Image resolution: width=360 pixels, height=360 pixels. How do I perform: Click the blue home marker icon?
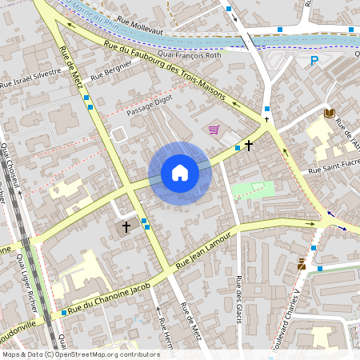(180, 173)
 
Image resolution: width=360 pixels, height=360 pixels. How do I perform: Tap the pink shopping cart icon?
(214, 130)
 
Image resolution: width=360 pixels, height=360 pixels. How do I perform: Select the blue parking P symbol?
(314, 61)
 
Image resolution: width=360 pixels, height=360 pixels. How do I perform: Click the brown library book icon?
(329, 114)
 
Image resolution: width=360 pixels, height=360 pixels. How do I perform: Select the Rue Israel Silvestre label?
(31, 77)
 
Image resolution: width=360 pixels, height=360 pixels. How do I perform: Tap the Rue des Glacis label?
(238, 301)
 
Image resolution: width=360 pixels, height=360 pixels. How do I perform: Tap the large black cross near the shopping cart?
(250, 146)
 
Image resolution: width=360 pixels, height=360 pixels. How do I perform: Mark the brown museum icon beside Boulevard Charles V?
(301, 264)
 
